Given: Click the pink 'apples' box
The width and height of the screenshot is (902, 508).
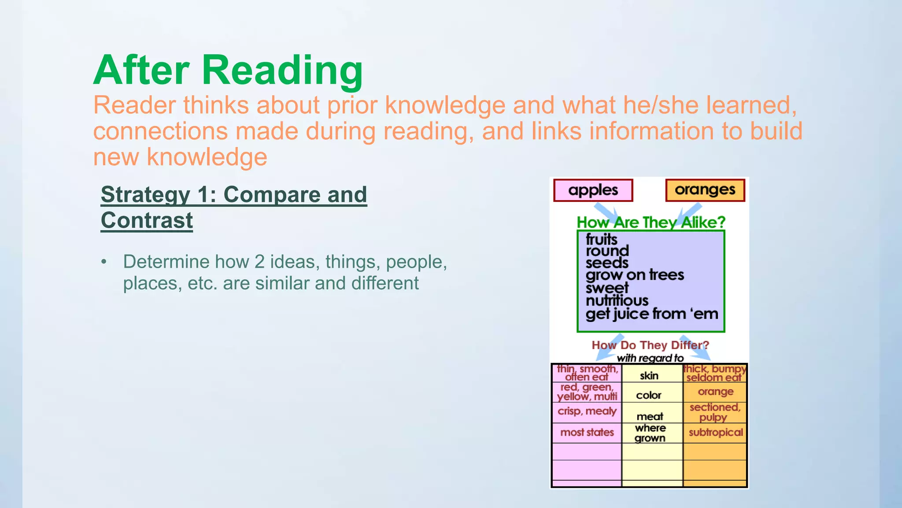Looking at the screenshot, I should click(593, 190).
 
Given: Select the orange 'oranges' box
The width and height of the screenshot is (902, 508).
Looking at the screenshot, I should click(705, 190).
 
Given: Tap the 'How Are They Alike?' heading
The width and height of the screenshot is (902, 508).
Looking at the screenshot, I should click(651, 222).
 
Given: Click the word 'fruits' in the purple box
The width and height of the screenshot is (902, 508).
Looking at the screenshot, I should click(601, 239).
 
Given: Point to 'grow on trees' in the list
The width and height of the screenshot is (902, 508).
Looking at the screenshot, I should click(635, 275).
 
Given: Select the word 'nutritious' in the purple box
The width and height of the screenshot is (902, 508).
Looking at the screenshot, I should click(617, 301).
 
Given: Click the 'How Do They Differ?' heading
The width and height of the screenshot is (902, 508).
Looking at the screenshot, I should click(650, 345).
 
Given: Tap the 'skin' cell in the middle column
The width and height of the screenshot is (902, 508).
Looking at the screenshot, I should click(649, 376).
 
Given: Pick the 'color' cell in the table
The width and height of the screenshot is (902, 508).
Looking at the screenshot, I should click(649, 395).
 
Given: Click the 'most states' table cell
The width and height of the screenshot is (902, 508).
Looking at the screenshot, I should click(587, 433).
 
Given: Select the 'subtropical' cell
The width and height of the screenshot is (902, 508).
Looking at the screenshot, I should click(716, 433).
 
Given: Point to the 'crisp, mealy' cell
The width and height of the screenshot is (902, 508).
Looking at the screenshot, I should click(587, 411).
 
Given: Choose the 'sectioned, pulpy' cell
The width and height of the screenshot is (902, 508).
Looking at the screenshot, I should click(715, 412).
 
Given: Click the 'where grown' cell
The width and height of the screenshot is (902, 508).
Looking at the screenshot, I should click(650, 433).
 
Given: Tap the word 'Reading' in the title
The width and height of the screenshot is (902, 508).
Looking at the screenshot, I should click(282, 71).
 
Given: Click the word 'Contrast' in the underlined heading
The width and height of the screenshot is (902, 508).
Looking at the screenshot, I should click(147, 220).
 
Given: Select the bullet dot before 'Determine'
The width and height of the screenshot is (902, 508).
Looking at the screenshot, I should click(104, 262).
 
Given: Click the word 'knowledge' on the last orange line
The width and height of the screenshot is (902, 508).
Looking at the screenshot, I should click(207, 157).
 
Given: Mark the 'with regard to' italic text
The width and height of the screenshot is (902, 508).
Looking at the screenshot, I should click(650, 358).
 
